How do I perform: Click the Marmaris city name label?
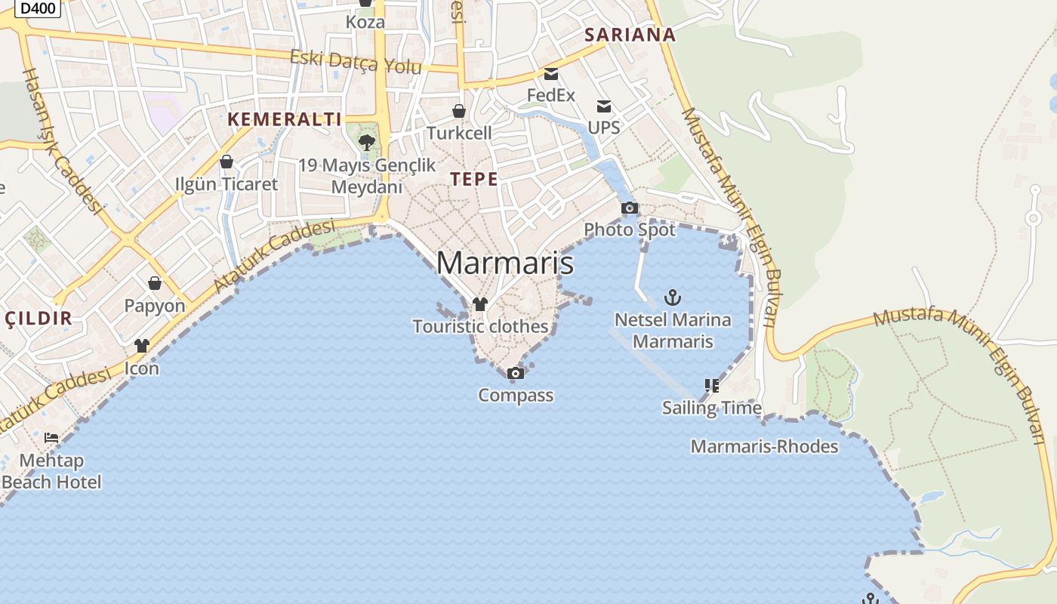coord(504,263)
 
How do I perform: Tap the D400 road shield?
coord(38,8)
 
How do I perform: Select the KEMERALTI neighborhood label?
coord(285,119)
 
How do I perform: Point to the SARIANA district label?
coord(630,35)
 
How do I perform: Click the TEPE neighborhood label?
coord(474,180)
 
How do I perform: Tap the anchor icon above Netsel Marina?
coord(672,297)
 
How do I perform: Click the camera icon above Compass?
coord(515,373)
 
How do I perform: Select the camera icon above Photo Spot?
coord(629,208)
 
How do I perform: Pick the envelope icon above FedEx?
coord(551,74)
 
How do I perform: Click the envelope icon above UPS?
coord(604,106)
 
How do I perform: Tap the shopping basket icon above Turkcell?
coord(459,112)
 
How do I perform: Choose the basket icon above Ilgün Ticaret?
coord(226,162)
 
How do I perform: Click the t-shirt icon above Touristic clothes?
coord(480,304)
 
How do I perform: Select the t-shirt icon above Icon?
coord(142,346)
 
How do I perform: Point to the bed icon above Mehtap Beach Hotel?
coord(51,438)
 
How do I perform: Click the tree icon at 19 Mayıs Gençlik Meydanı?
coord(367,142)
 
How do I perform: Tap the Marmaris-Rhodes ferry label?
coord(764,446)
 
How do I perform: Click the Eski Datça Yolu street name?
coord(356,62)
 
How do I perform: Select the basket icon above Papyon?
coord(155,283)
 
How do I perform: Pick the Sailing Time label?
coord(712,408)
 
